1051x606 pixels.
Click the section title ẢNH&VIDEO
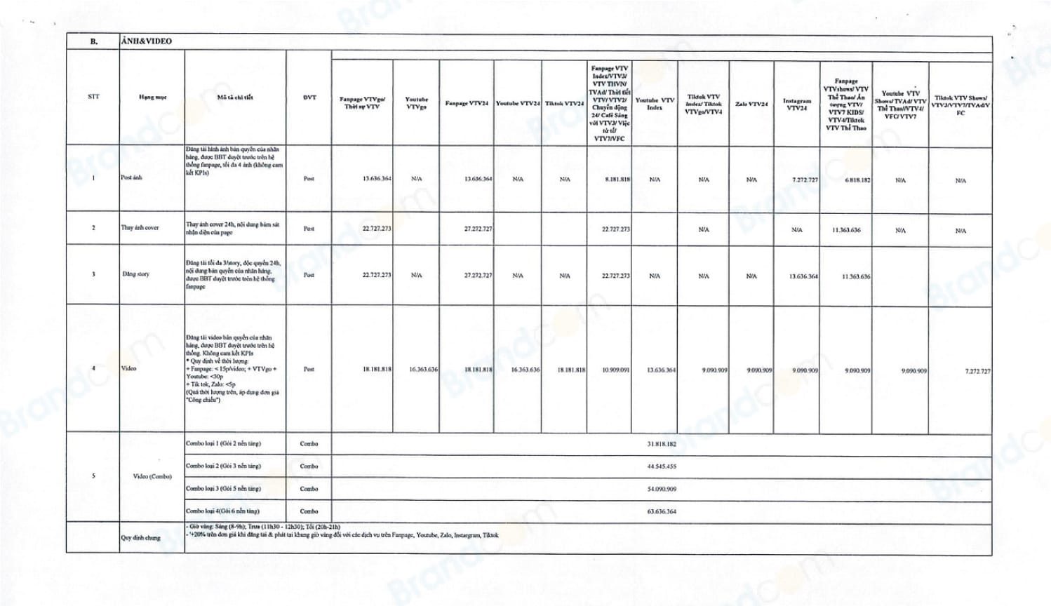point(146,41)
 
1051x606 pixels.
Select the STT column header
point(93,97)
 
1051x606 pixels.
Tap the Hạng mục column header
point(152,97)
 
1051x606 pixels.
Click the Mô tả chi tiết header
point(235,97)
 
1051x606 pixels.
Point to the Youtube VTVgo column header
point(416,103)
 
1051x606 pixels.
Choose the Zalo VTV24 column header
point(751,104)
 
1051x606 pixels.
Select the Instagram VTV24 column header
point(796,105)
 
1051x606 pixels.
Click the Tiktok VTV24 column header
point(564,104)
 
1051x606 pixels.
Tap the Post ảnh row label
point(131,177)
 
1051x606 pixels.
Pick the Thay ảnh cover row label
point(140,228)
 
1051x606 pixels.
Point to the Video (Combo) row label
point(152,476)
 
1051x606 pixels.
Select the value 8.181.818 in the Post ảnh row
point(617,180)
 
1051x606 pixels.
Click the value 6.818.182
point(857,180)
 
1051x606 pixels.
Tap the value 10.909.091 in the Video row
point(615,370)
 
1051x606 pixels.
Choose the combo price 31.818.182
point(662,444)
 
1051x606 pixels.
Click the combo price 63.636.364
point(662,511)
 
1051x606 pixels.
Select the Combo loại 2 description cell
point(223,466)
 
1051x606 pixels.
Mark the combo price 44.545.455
point(662,466)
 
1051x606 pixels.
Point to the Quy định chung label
point(140,538)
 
